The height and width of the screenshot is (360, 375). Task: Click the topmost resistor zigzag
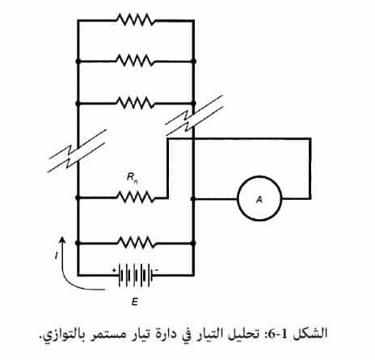tap(136, 20)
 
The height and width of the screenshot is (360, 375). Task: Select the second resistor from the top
tap(136, 61)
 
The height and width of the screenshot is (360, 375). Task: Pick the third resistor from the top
tap(136, 103)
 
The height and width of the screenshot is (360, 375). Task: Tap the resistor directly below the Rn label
tap(136, 197)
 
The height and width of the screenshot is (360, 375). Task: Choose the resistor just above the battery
tap(136, 243)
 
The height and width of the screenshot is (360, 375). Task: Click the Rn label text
tap(132, 178)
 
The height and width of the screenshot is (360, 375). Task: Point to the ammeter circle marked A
tap(259, 198)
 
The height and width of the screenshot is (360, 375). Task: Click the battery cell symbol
tap(136, 274)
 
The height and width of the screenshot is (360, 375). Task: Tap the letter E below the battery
tap(134, 302)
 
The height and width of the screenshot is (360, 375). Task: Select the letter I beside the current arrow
tap(56, 255)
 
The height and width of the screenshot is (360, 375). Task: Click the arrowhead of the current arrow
tap(62, 239)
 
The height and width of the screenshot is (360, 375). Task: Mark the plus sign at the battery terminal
tap(114, 269)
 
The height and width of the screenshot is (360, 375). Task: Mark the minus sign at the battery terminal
tap(158, 269)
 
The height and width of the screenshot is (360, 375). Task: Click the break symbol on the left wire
tap(77, 151)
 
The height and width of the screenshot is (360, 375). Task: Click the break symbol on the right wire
tap(194, 115)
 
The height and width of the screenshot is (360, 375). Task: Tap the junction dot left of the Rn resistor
tap(78, 198)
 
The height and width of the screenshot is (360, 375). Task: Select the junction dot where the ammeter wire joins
tap(192, 199)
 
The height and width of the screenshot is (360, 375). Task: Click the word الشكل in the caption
tap(314, 333)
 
